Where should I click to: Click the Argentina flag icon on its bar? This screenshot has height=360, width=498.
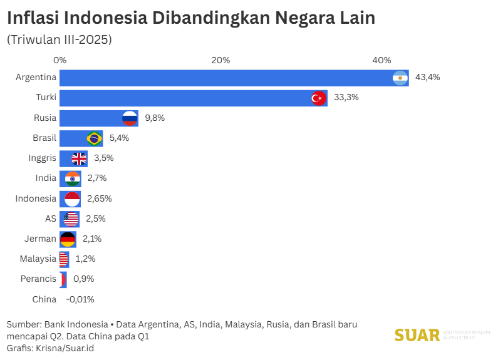pos(400,78)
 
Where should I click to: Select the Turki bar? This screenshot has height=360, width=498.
pos(188,98)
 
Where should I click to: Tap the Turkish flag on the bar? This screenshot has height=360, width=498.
pos(319,98)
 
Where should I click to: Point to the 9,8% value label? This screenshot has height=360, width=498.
pos(155,118)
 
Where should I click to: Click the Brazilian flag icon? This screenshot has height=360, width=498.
pos(95,138)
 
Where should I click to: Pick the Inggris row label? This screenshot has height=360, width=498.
pos(43,158)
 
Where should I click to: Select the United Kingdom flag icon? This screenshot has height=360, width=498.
pos(80,158)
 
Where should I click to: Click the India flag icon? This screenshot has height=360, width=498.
pos(73,178)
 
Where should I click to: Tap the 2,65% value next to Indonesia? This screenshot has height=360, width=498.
pos(99,198)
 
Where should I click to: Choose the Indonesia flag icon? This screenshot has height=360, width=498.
pos(73,198)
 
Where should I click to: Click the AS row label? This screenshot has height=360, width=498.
pos(51,219)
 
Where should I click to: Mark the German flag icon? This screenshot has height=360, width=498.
pos(68,239)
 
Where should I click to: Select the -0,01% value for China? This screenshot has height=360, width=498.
pos(80,299)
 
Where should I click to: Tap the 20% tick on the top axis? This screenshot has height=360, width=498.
pos(220,60)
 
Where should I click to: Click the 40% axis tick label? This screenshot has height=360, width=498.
pos(381,60)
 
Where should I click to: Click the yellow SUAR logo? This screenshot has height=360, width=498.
pos(417,335)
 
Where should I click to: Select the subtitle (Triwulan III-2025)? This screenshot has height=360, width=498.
pos(59,39)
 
